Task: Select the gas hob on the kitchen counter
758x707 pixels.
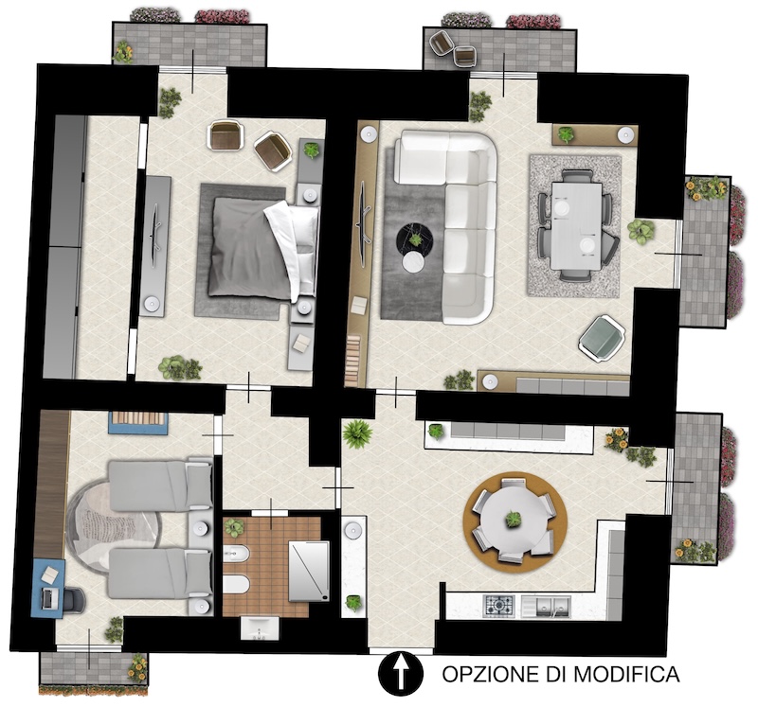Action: (x=499, y=606)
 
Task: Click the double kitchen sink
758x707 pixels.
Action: (x=547, y=606)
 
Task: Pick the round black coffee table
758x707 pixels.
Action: (x=415, y=238)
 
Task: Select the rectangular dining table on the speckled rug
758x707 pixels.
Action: (x=576, y=225)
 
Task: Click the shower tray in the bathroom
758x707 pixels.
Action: (x=309, y=572)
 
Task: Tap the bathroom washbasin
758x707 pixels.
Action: (x=259, y=628)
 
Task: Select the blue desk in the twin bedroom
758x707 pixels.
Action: (x=48, y=588)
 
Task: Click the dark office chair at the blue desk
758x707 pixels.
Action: (x=74, y=599)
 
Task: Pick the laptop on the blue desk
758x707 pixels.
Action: (x=49, y=599)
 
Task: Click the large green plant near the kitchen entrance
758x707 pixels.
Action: (x=357, y=433)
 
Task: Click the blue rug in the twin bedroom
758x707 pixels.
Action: (x=138, y=423)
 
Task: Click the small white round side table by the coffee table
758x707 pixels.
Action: (x=413, y=264)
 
